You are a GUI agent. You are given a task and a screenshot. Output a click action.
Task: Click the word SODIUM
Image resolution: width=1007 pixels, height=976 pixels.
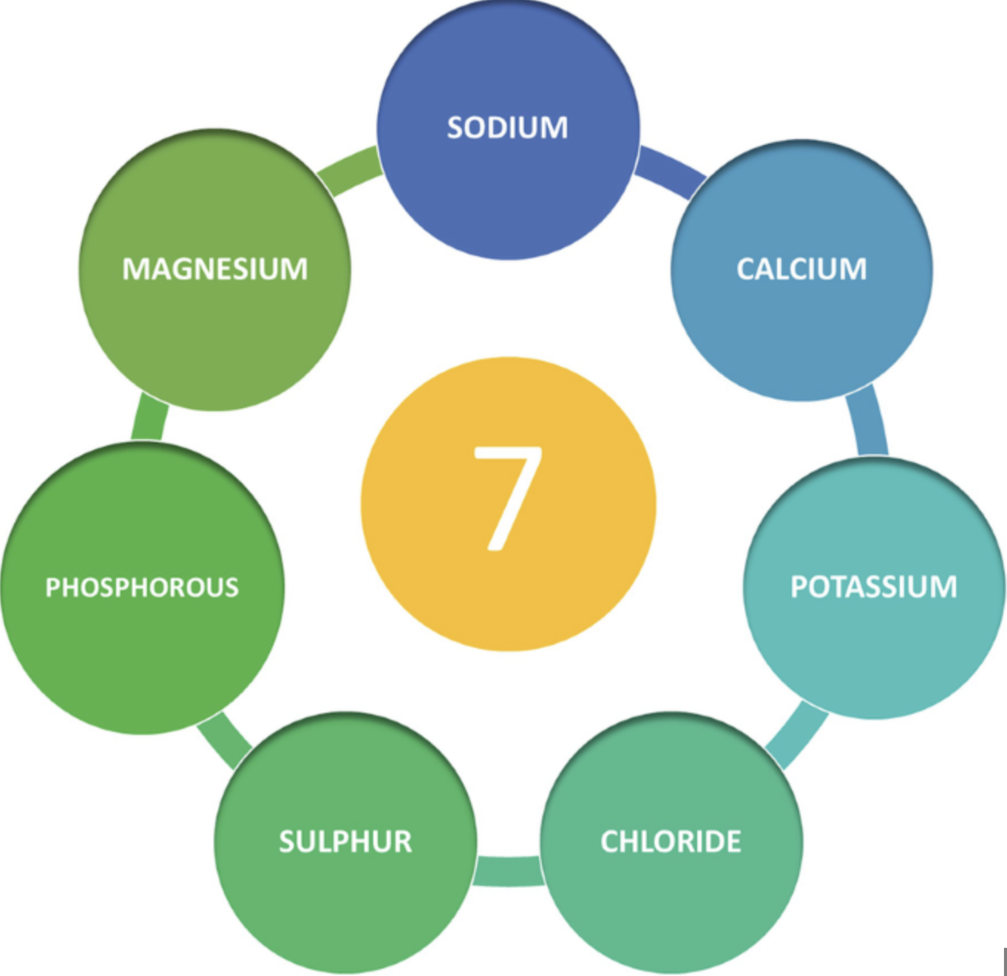tap(507, 128)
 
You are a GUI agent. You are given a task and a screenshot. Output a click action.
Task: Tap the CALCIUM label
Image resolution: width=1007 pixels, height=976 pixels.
tap(801, 269)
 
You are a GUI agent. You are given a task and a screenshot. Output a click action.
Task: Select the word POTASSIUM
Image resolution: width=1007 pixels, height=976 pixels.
tap(874, 587)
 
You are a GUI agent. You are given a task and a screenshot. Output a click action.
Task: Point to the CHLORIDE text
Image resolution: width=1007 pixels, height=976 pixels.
tap(671, 841)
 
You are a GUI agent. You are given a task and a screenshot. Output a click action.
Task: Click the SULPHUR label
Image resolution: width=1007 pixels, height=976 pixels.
tap(345, 841)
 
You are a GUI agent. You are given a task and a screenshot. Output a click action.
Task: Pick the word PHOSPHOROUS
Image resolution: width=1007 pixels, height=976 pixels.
tap(142, 588)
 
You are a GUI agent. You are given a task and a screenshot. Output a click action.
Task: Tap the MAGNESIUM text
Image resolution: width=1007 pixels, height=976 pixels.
tap(215, 269)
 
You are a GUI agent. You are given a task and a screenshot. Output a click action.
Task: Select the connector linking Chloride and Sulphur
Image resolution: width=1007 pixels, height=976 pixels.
tap(509, 870)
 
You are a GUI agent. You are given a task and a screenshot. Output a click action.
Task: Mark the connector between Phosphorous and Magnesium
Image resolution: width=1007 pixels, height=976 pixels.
tap(149, 418)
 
